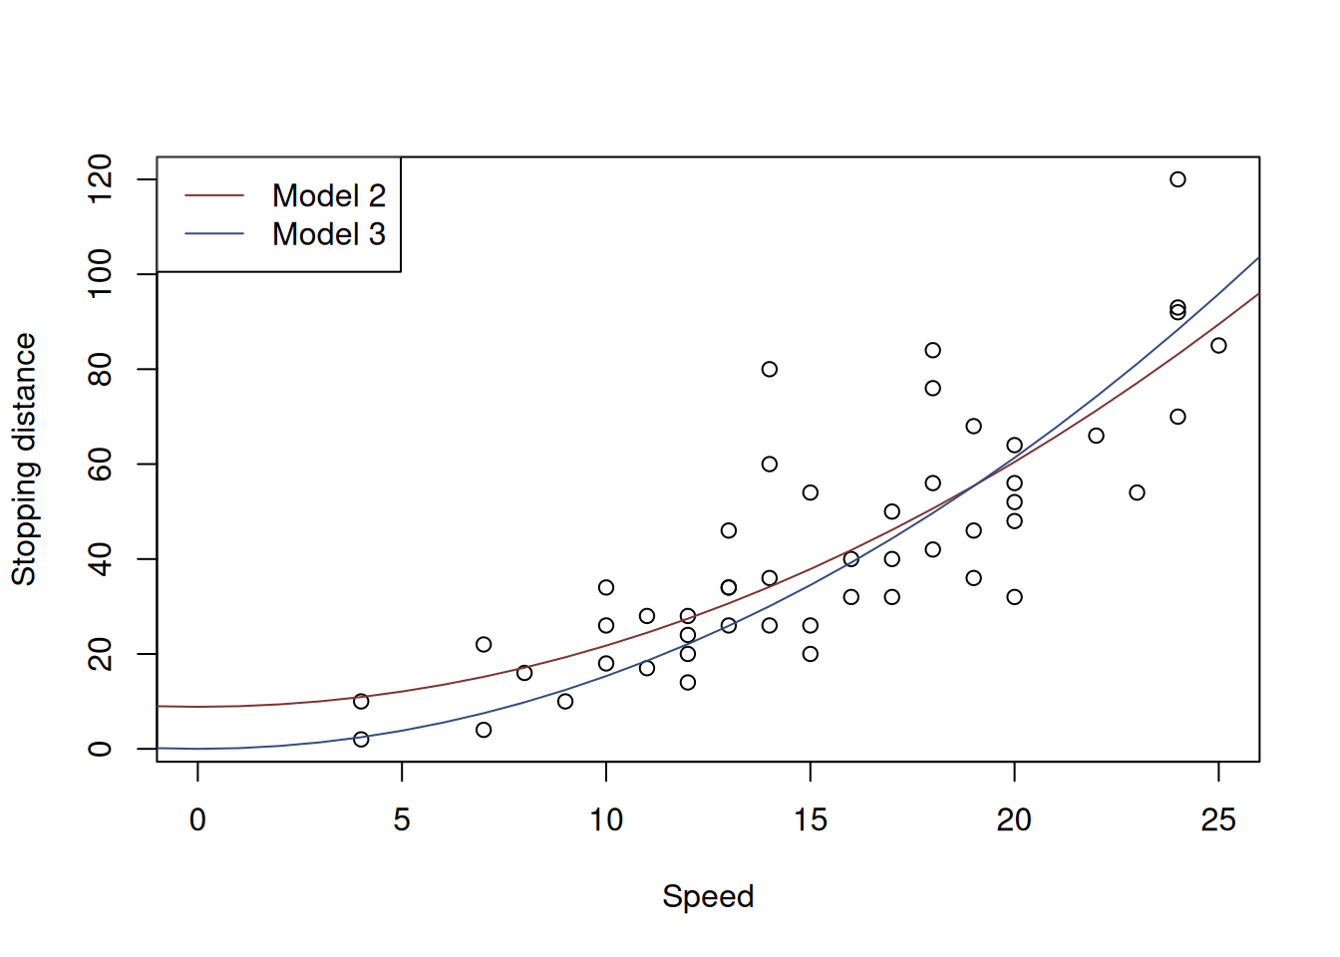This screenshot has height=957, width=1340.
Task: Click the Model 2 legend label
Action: point(328,195)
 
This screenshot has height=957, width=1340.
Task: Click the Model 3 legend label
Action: point(328,234)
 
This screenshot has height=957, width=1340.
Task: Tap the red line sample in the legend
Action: point(214,195)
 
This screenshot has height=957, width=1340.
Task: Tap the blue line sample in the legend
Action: point(214,234)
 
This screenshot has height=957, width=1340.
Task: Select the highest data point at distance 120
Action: point(1177,179)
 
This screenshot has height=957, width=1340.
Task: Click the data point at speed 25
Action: point(1218,345)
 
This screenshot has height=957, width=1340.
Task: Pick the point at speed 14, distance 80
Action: point(770,369)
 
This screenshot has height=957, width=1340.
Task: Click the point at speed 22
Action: point(1096,436)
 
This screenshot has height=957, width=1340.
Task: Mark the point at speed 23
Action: point(1137,492)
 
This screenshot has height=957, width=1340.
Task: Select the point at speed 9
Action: point(565,702)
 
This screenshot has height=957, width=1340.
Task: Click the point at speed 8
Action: point(524,673)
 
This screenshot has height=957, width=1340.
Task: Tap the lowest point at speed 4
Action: point(361,739)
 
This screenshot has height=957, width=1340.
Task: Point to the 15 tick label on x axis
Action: point(811,820)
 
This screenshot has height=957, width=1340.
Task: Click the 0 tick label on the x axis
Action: point(197,820)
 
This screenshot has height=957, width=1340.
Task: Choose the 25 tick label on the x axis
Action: point(1218,820)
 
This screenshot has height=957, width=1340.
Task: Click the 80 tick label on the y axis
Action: point(101,370)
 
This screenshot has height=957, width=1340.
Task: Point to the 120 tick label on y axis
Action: point(101,179)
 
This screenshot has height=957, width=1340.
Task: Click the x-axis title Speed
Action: point(708,896)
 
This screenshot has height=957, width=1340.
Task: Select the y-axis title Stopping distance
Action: point(24,459)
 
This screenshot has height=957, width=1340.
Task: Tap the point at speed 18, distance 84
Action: point(932,350)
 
